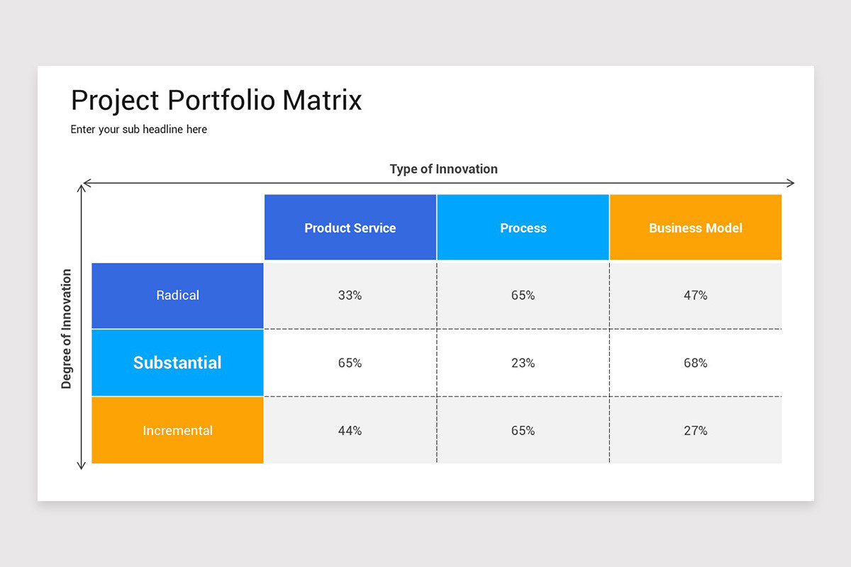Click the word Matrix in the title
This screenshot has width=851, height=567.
(322, 100)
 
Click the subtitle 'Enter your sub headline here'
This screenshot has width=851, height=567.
(139, 130)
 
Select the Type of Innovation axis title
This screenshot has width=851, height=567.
(443, 169)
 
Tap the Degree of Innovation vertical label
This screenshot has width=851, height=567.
(67, 329)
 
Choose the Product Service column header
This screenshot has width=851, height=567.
(350, 228)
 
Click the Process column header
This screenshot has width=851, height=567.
(523, 228)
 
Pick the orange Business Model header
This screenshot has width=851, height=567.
(696, 228)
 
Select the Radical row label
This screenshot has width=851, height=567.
(177, 296)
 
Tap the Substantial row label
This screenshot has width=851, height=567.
(177, 363)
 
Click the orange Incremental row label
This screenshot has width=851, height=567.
(177, 431)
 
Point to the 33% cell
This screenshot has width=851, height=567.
(350, 296)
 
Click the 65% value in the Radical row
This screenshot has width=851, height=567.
(523, 296)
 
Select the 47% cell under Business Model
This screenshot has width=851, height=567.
(696, 296)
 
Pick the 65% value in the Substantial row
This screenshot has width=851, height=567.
(350, 363)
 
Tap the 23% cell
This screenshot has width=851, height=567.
(523, 363)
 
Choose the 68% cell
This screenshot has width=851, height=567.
(696, 363)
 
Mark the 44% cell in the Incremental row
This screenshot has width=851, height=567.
(350, 431)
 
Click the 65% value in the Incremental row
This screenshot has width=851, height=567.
(523, 431)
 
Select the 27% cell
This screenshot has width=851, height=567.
(696, 431)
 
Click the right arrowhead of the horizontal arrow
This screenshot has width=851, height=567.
(791, 184)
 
